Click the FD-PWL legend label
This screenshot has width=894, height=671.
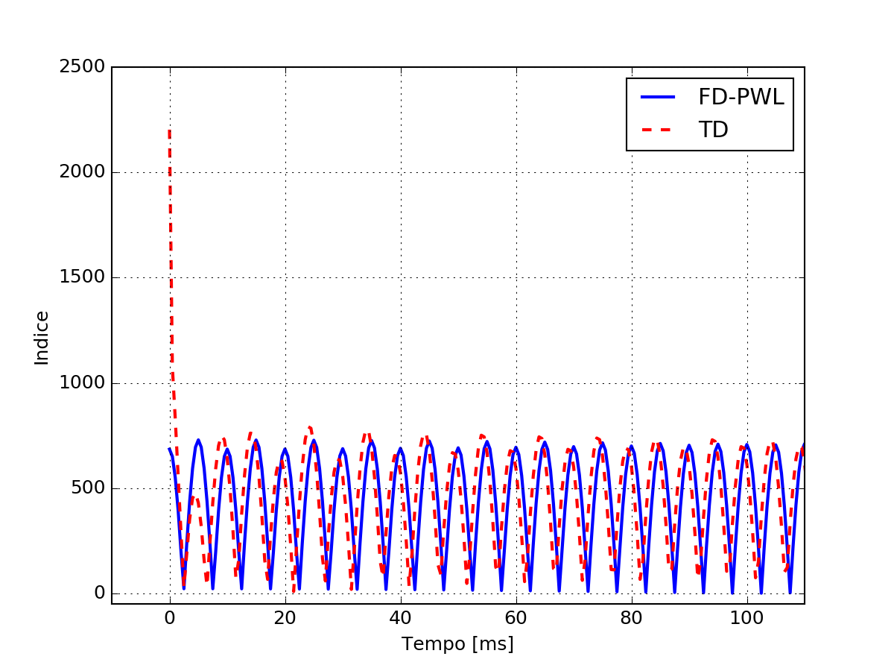click(741, 97)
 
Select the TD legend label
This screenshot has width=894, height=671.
click(713, 130)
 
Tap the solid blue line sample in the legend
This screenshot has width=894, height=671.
click(658, 97)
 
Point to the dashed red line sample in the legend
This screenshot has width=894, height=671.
click(658, 130)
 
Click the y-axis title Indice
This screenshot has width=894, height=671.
click(42, 338)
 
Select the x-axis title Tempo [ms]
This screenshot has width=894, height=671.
click(457, 643)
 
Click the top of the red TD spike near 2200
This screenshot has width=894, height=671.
click(170, 131)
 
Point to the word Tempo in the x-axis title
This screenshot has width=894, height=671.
click(428, 643)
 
